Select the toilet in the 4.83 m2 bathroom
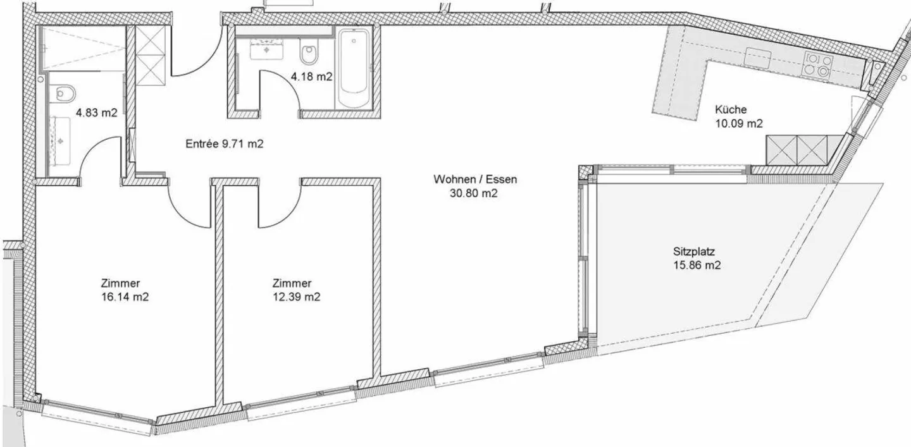pyautogui.click(x=64, y=94)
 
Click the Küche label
pyautogui.click(x=731, y=109)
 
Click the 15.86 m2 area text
pyautogui.click(x=697, y=266)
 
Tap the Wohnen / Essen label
pyautogui.click(x=474, y=179)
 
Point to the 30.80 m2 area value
pyautogui.click(x=474, y=194)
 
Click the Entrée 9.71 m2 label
pyautogui.click(x=224, y=144)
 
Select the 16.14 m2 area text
pyautogui.click(x=125, y=297)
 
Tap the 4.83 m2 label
pyautogui.click(x=96, y=113)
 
